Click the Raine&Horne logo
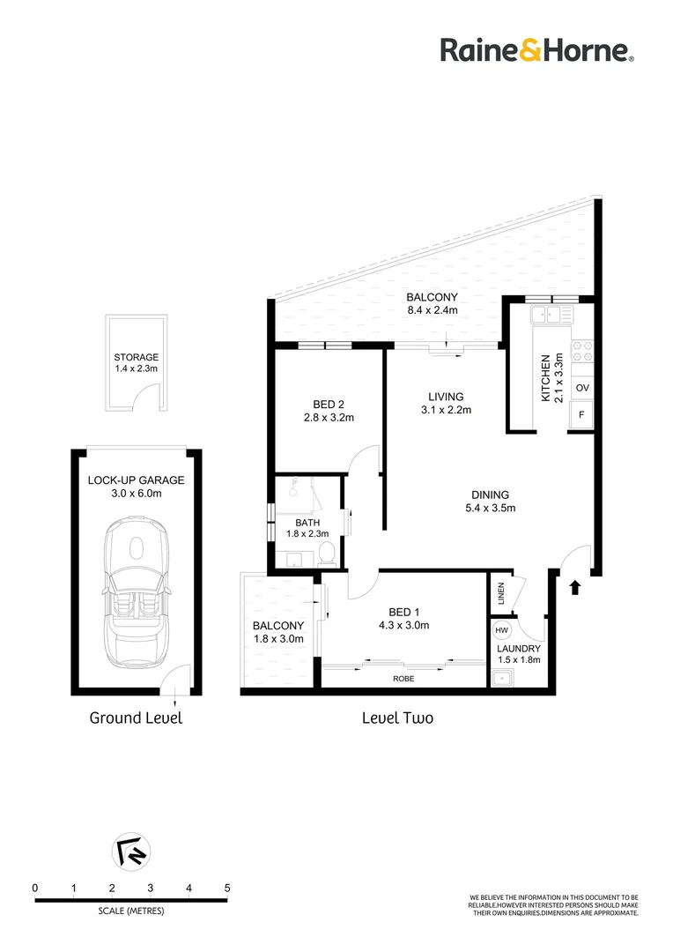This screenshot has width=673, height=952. [536, 50]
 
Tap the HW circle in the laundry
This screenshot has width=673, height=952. [502, 631]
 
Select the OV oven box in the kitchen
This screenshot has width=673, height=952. [582, 388]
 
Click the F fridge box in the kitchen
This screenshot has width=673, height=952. [582, 415]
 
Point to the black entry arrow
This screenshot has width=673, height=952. [575, 587]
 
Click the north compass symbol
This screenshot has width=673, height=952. [132, 852]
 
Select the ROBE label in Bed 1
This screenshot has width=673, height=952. [403, 679]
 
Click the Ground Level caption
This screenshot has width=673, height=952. [136, 718]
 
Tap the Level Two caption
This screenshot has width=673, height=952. [397, 718]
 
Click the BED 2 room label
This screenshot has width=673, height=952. [328, 405]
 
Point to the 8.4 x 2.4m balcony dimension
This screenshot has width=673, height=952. [432, 310]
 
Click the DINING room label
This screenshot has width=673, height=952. [490, 495]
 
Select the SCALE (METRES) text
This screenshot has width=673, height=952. [130, 911]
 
